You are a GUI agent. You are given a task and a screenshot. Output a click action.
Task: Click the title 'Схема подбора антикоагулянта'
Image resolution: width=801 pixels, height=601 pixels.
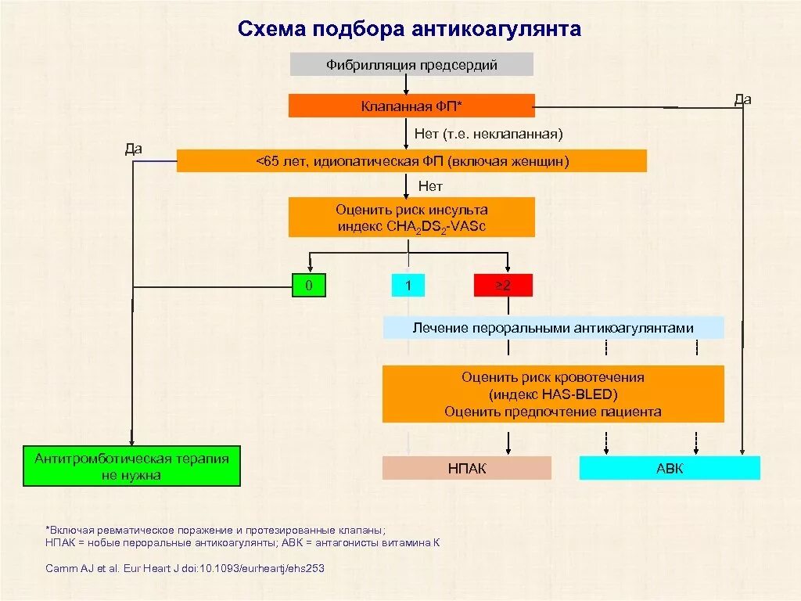click(409, 29)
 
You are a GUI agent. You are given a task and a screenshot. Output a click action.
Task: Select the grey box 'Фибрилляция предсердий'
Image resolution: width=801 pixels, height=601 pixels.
click(411, 64)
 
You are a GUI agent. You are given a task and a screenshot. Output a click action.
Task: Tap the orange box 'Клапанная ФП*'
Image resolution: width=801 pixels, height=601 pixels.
click(411, 106)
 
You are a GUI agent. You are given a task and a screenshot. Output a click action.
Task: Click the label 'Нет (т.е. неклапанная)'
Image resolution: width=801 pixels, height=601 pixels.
click(488, 135)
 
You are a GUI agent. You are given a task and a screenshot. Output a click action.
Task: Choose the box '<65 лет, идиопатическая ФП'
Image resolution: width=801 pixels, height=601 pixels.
click(411, 161)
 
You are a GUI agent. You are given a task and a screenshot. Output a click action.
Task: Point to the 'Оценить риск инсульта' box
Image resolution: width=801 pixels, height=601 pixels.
click(411, 218)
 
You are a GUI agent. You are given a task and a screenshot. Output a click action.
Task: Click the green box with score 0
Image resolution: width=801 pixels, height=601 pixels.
click(309, 286)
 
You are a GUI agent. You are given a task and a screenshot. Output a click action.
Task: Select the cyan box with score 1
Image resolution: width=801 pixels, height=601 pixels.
click(408, 286)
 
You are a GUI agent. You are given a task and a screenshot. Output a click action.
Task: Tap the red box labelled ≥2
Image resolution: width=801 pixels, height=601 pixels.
click(503, 286)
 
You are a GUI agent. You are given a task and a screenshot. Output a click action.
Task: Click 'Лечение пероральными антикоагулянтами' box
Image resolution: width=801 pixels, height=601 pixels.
click(553, 328)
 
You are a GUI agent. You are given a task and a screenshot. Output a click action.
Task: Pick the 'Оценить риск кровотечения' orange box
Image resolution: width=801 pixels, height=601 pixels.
click(553, 394)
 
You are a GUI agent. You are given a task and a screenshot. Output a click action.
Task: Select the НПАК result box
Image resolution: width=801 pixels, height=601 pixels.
click(467, 469)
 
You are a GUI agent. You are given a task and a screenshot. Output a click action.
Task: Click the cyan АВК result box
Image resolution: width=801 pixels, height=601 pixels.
click(670, 469)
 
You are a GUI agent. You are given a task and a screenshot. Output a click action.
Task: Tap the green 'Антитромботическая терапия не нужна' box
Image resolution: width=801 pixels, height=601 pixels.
click(131, 467)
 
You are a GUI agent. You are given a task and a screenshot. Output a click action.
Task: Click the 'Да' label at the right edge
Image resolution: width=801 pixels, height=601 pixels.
click(742, 99)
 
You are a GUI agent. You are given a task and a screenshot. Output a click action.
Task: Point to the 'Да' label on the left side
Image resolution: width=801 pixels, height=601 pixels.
click(133, 149)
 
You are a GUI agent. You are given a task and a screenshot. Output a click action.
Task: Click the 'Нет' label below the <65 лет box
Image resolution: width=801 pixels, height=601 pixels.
click(430, 186)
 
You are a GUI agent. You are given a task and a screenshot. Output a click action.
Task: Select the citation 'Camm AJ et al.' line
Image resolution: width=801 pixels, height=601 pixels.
click(185, 569)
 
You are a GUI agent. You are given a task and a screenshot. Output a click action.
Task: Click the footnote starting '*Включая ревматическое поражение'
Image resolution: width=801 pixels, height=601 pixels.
click(215, 529)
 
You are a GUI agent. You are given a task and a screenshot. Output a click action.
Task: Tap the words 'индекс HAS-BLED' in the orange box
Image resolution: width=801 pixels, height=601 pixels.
click(553, 394)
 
